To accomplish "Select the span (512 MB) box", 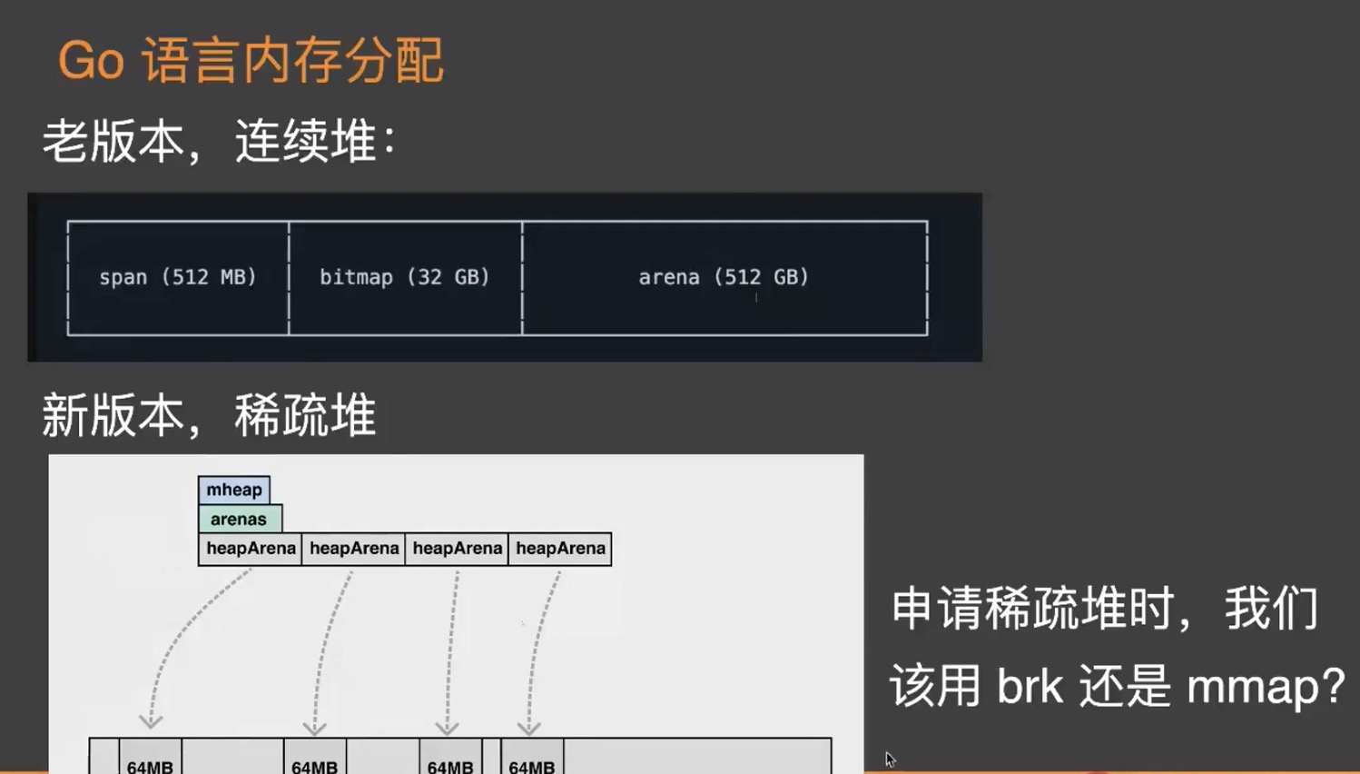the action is (178, 278).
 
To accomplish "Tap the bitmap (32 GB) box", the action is (405, 278).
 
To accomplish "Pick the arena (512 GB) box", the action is (724, 278).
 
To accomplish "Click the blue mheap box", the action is (233, 490).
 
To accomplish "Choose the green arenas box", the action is (240, 519).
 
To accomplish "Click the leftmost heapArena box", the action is (251, 549).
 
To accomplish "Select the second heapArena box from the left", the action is (353, 549).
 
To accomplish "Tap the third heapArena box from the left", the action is (457, 549).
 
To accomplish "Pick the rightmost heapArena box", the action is (560, 549).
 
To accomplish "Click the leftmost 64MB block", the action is (150, 757).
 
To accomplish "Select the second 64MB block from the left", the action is (314, 757).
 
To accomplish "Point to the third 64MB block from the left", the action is (450, 757).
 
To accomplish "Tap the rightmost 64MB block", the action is (532, 757).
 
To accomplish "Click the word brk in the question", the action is (1030, 685).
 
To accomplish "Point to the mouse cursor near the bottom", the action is (890, 759).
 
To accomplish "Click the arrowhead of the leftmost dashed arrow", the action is (151, 721).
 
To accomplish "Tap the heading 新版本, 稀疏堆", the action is (209, 415).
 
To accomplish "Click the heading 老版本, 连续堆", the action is (219, 142).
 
